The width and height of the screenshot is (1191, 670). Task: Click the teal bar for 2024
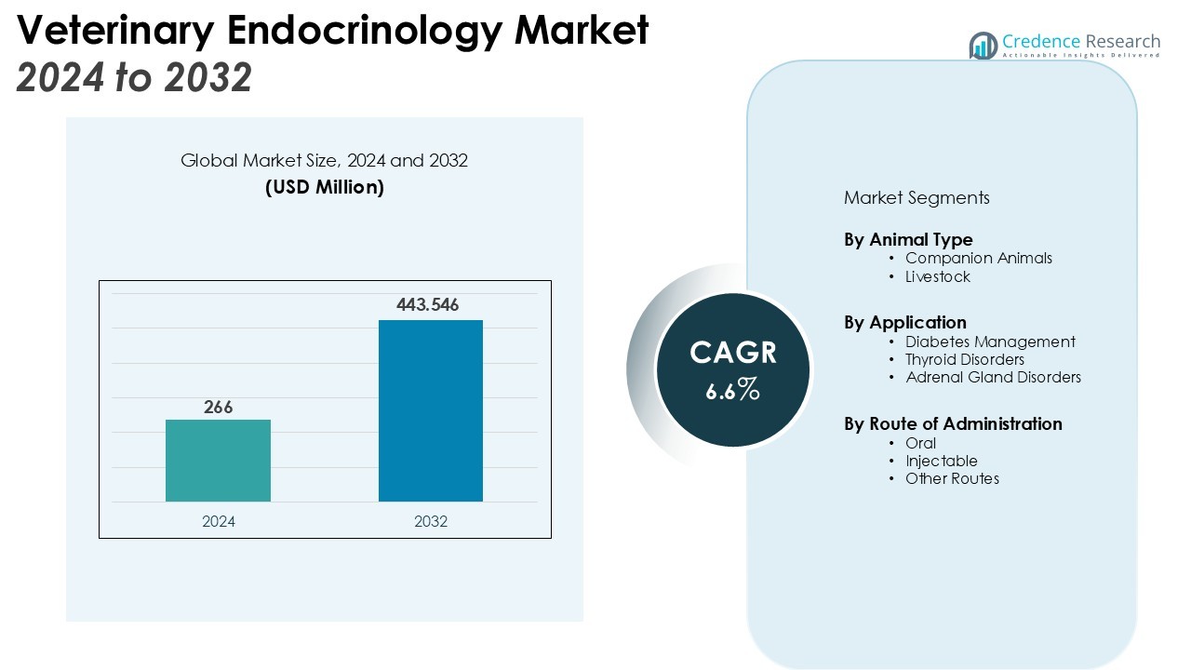218,461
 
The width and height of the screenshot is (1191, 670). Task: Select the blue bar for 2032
430,410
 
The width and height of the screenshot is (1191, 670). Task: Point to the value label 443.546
428,304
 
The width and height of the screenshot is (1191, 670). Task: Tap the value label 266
219,407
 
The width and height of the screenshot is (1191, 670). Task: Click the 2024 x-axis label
219,521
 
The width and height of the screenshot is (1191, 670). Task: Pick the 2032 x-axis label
431,521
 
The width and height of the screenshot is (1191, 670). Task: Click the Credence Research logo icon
983,45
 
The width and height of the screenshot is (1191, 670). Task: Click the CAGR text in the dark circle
733,354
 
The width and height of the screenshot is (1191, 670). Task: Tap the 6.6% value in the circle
733,391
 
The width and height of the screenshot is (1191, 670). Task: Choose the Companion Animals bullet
978,258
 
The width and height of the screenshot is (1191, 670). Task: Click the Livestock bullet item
937,276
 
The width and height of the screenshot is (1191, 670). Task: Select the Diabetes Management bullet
990,342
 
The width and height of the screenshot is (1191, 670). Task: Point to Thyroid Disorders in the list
964,359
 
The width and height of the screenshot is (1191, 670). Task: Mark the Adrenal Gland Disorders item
993,377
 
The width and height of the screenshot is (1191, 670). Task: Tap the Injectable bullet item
941,461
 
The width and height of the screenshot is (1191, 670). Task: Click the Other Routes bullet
952,478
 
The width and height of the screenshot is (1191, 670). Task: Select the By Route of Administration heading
953,423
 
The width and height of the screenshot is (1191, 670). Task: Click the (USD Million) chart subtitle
325,187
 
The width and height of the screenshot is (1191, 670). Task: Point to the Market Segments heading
917,197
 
